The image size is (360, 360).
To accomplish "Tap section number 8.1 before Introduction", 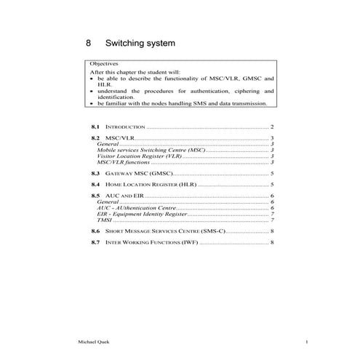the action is (95, 127).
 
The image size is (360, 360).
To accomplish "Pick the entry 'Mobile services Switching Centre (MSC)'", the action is (151, 150).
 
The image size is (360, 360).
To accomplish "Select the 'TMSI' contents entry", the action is (104, 220).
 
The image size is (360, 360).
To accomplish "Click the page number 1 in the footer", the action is (308, 343).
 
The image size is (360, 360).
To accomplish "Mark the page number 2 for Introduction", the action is (271, 127).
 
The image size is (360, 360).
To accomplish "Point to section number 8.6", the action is (95, 231).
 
